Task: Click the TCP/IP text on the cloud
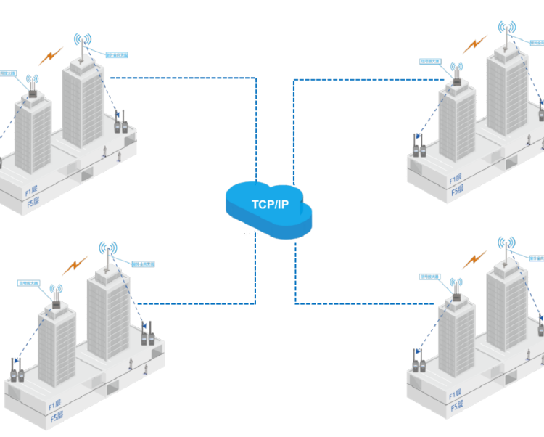point(270,204)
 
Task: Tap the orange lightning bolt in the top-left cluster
point(52,54)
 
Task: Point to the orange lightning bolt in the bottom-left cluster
point(75,265)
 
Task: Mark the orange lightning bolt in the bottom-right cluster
point(476,258)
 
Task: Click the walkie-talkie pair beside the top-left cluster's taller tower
point(120,121)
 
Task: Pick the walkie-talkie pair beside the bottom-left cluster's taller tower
point(147,333)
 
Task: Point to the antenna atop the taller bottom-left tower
point(107,255)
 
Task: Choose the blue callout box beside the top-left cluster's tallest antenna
point(116,54)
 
